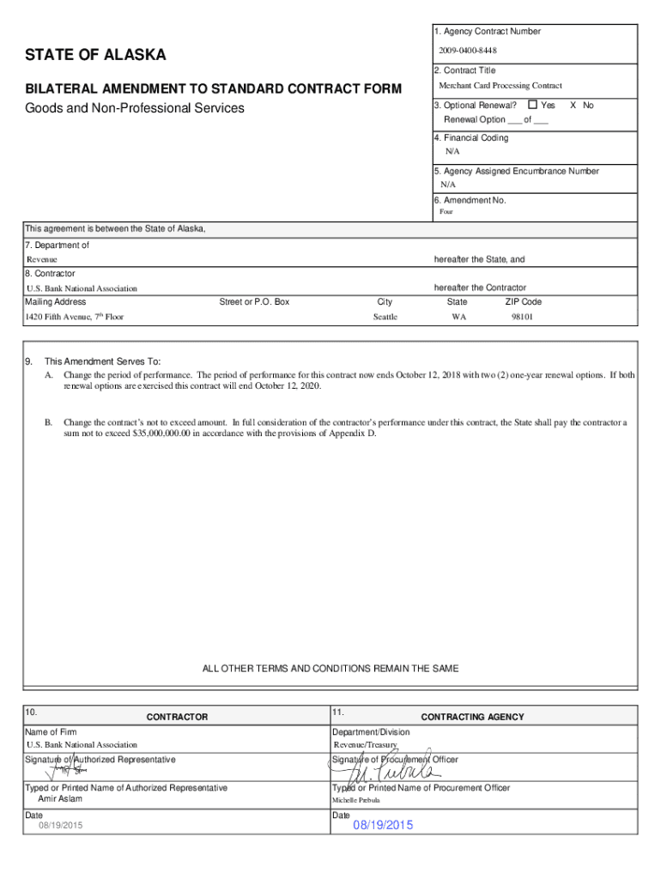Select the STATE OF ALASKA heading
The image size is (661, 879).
(x=95, y=56)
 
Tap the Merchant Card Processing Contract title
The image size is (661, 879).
(x=500, y=86)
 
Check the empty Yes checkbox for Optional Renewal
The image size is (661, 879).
(x=532, y=105)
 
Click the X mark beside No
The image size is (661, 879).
(x=573, y=105)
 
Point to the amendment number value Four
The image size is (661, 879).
(x=446, y=211)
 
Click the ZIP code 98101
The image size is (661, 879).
(x=523, y=317)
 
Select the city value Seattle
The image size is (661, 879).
(x=385, y=317)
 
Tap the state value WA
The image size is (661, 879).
(x=459, y=317)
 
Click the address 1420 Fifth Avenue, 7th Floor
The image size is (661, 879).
(x=75, y=317)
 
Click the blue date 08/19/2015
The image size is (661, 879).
(x=383, y=825)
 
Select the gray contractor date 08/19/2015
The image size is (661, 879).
(x=55, y=826)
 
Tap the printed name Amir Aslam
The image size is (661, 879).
(x=56, y=798)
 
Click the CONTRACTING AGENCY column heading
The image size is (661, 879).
(x=472, y=717)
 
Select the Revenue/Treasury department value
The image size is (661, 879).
(x=365, y=745)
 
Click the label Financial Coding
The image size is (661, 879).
(x=476, y=137)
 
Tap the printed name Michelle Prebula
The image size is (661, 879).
(x=361, y=799)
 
